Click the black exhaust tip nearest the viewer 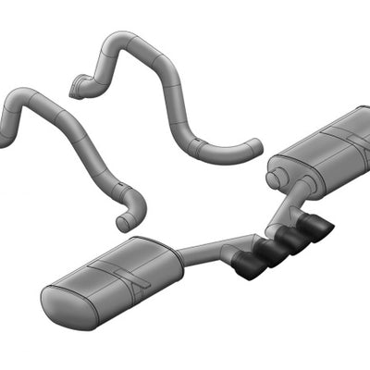click(x=249, y=266)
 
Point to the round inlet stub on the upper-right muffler click(x=276, y=176)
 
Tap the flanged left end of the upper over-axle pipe click(x=77, y=90)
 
